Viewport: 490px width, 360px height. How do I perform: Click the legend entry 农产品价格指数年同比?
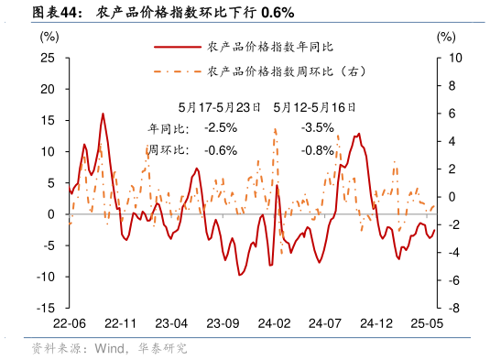click(x=258, y=47)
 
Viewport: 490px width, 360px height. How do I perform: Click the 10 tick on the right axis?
click(x=447, y=58)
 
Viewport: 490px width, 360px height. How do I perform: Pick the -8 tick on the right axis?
click(x=447, y=309)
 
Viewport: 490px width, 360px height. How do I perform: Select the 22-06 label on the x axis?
click(x=70, y=324)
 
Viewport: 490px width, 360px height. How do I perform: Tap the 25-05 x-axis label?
click(x=427, y=324)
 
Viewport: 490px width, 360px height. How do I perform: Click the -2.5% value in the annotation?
click(x=221, y=127)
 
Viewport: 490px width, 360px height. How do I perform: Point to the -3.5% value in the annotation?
click(x=318, y=127)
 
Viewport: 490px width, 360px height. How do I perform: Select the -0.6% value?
click(x=221, y=150)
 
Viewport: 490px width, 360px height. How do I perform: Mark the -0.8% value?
click(x=318, y=150)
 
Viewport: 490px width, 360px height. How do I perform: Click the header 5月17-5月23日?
click(x=220, y=106)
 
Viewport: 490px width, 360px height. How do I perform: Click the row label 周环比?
click(x=167, y=150)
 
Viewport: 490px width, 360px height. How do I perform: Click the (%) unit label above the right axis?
click(x=445, y=37)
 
